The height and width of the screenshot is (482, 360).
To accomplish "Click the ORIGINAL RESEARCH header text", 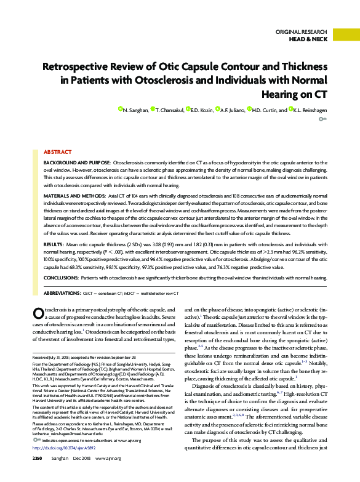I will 301,31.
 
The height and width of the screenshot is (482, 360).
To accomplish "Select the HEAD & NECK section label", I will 309,38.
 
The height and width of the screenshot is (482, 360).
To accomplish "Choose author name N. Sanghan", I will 135,110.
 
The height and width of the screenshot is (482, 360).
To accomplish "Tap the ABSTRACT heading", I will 57,151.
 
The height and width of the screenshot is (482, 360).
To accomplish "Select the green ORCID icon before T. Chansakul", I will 153,109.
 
